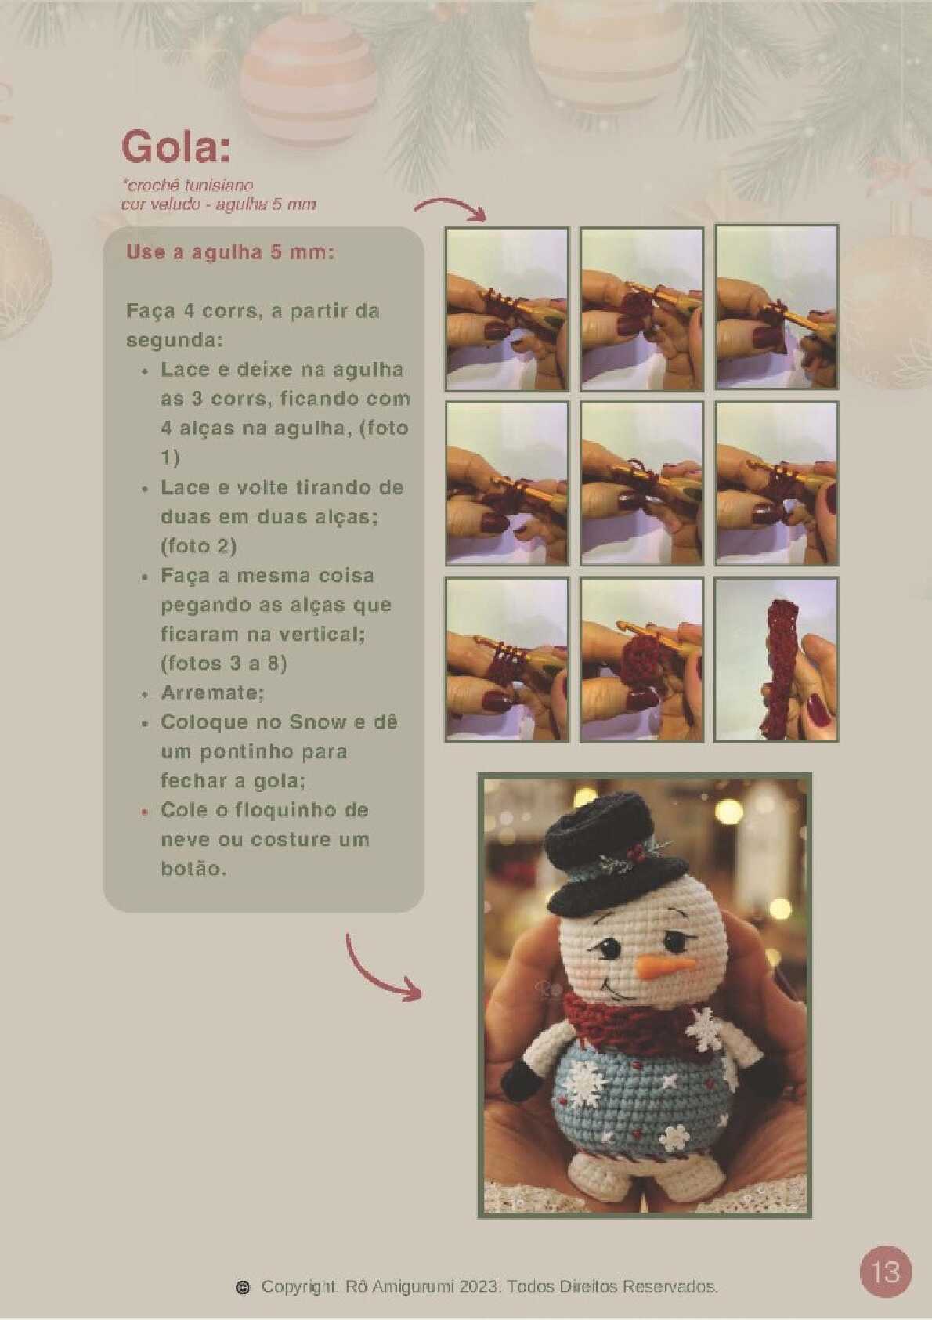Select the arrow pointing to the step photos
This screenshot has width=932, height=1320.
coord(450,206)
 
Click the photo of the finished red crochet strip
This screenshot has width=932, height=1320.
coord(776,660)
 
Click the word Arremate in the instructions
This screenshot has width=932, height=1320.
coord(212,693)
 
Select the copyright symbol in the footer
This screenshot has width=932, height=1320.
coord(242,1287)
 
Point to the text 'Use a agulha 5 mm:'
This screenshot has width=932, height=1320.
coord(230,253)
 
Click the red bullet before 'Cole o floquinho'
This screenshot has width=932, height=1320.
coord(144,812)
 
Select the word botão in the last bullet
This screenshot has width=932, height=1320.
coord(193,869)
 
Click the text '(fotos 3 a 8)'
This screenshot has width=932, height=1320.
coord(223,664)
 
